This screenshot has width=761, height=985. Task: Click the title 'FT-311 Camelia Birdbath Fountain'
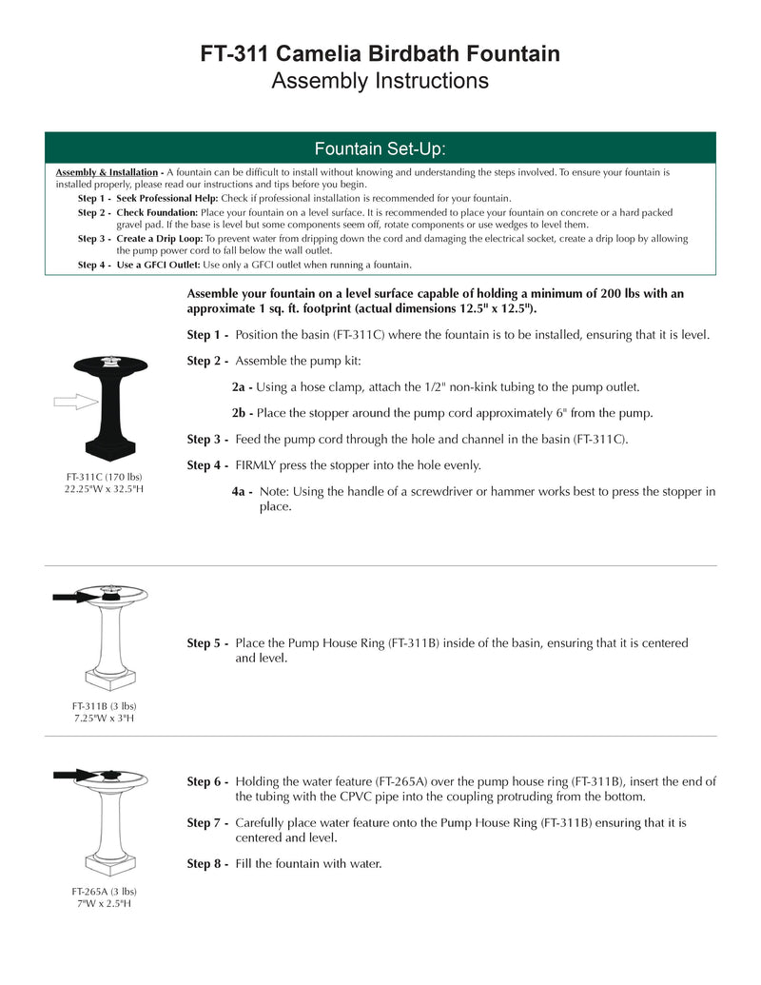tap(380, 54)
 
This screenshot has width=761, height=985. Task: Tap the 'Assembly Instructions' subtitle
tap(380, 81)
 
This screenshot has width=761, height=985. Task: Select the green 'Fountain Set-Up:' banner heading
tap(380, 148)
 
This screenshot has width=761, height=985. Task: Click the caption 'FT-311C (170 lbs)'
tap(104, 476)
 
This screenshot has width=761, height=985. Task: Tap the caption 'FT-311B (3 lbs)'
tap(104, 705)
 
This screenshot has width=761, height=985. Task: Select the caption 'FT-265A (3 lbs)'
tap(104, 891)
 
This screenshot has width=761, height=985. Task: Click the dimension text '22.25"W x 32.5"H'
tap(104, 488)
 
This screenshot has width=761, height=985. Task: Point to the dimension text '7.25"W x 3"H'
tap(104, 718)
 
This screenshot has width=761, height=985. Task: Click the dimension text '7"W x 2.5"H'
tap(104, 903)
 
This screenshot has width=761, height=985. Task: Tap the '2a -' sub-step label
tap(242, 387)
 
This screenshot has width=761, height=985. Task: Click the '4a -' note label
tap(242, 491)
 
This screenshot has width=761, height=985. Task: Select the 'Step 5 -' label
tap(207, 643)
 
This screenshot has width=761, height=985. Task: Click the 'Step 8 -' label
tap(207, 863)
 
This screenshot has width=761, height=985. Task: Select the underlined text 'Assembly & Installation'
tap(106, 172)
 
